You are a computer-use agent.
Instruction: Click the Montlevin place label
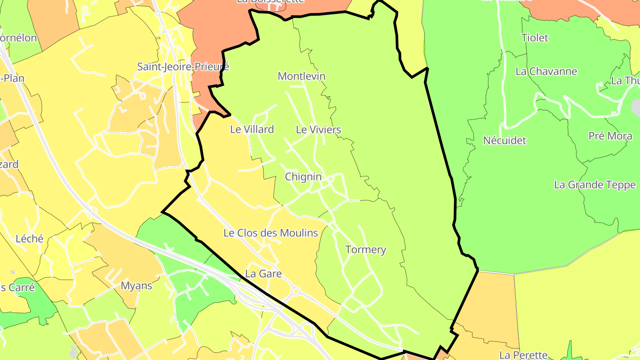(x=301, y=76)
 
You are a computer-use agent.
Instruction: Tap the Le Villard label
(x=252, y=129)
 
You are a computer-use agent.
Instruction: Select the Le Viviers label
(x=318, y=130)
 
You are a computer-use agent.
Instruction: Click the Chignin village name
(x=303, y=176)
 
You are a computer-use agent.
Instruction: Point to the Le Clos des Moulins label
(x=271, y=233)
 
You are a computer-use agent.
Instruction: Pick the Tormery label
(x=366, y=250)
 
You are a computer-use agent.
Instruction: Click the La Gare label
(x=264, y=274)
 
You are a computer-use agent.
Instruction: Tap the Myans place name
(x=136, y=286)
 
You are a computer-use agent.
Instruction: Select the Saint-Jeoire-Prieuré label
(x=183, y=67)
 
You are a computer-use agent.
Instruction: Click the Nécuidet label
(x=504, y=140)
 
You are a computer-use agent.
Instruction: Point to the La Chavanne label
(x=546, y=72)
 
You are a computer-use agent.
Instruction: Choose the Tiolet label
(x=535, y=38)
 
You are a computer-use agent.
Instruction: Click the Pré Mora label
(x=610, y=136)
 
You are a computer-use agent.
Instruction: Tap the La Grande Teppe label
(x=595, y=185)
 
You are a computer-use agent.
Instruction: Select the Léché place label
(x=30, y=239)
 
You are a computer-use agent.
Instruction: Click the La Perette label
(x=524, y=355)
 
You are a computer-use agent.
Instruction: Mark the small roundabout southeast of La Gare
(x=296, y=291)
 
